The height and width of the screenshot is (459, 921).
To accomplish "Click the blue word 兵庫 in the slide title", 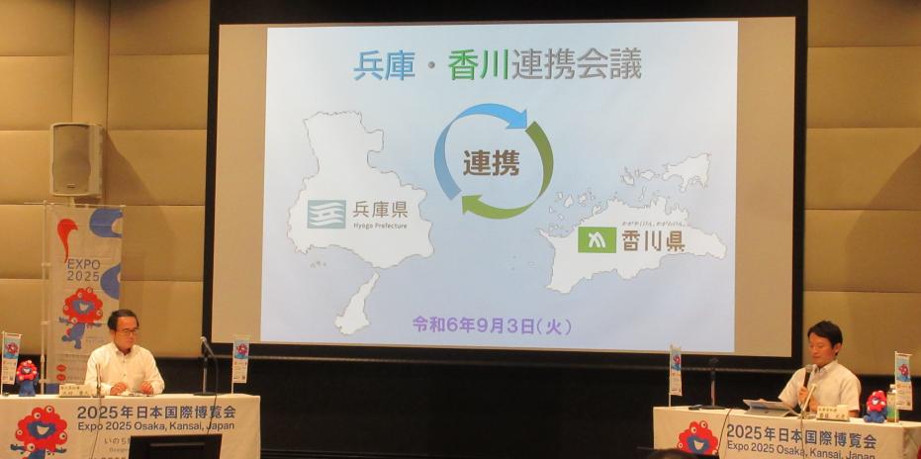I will pos(385,64).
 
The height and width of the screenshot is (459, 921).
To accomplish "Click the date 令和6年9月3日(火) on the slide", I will pos(492,324).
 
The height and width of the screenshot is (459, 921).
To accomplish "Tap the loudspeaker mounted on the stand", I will pos(76,159).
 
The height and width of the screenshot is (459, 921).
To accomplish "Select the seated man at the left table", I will pos(123,355).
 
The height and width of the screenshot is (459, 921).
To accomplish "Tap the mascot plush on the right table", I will pos(875,406).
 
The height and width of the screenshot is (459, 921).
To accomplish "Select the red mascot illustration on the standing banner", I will pos(81,312).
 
